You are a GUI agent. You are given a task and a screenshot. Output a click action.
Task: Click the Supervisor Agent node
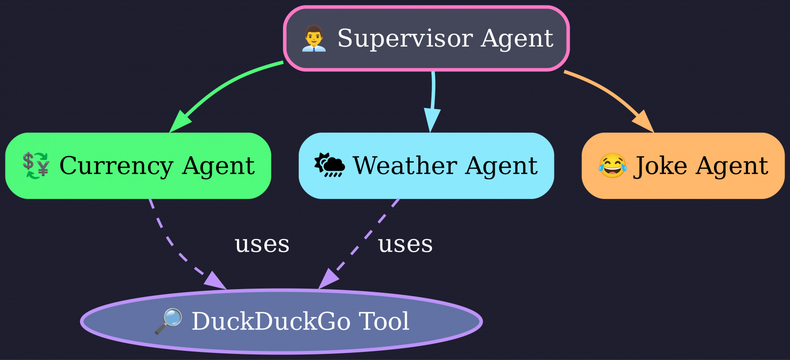tap(426, 38)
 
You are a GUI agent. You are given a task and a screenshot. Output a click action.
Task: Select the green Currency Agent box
tap(138, 166)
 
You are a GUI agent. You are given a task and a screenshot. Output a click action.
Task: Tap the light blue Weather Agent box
tap(426, 166)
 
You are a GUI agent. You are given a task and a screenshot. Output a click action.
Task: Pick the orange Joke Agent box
tap(683, 166)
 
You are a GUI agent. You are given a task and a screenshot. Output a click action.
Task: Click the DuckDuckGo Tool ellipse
tap(281, 321)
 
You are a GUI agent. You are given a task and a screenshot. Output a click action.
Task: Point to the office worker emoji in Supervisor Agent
tap(313, 39)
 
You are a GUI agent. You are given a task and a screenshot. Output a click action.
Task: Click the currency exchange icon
tap(36, 166)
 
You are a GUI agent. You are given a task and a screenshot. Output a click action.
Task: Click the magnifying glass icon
tap(168, 322)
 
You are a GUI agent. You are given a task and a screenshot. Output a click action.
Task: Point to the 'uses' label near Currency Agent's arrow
tap(262, 245)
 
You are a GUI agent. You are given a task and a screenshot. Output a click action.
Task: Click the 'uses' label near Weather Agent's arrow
tap(405, 245)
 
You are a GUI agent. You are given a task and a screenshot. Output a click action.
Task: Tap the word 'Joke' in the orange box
tap(650, 166)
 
